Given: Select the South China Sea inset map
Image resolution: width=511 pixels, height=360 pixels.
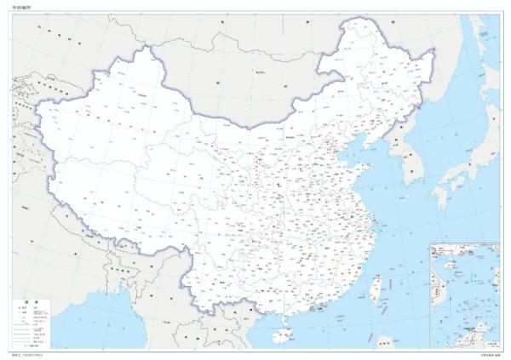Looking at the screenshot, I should [463, 294].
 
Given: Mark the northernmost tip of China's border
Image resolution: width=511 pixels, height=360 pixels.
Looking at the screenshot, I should [362, 19].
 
